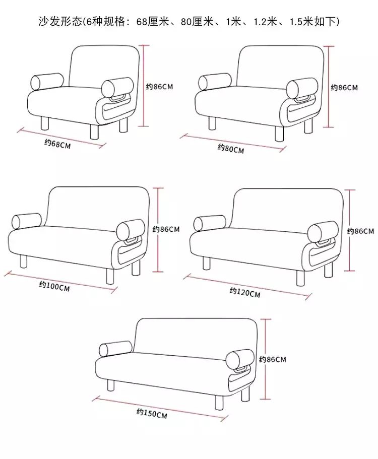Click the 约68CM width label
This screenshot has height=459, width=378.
(x=57, y=144)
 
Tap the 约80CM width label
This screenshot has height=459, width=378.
(x=231, y=149)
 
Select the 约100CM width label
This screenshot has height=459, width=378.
(x=54, y=286)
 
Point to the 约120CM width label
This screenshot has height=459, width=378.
(x=245, y=292)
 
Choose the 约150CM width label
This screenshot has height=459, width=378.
(x=152, y=413)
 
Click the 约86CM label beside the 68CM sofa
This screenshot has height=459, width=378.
(x=160, y=87)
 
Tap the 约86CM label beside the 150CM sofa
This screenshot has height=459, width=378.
(x=273, y=359)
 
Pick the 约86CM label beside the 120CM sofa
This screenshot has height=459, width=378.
(x=360, y=231)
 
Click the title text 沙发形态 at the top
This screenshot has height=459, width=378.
(x=60, y=22)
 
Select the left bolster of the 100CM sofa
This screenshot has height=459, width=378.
(x=27, y=221)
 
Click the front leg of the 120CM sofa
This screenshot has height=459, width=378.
(x=300, y=278)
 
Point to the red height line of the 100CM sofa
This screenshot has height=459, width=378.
(x=158, y=230)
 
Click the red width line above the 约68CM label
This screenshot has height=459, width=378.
(x=61, y=138)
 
